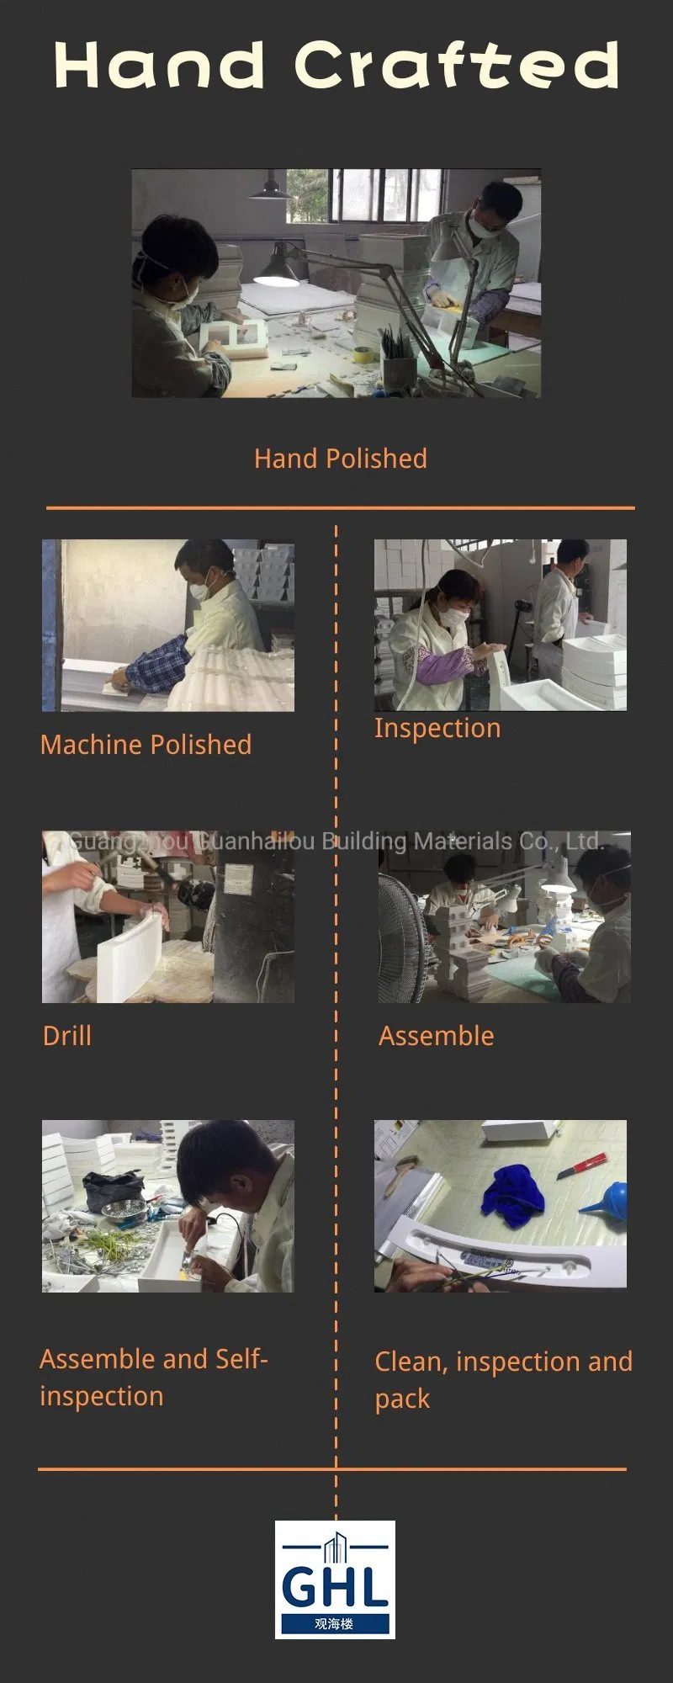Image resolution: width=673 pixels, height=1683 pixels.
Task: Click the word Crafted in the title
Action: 457,66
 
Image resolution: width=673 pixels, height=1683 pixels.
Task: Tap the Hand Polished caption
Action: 340,459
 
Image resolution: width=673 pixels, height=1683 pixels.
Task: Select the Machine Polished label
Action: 146,745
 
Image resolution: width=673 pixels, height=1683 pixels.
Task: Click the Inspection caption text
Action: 437,728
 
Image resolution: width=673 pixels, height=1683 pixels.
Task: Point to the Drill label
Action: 66,1036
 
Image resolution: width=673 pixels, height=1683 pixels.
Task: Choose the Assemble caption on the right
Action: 436,1036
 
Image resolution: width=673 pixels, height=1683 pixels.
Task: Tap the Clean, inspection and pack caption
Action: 502,1380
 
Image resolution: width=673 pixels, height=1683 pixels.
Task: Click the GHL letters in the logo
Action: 335,1586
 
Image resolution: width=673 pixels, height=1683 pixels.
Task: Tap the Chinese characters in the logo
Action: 335,1624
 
